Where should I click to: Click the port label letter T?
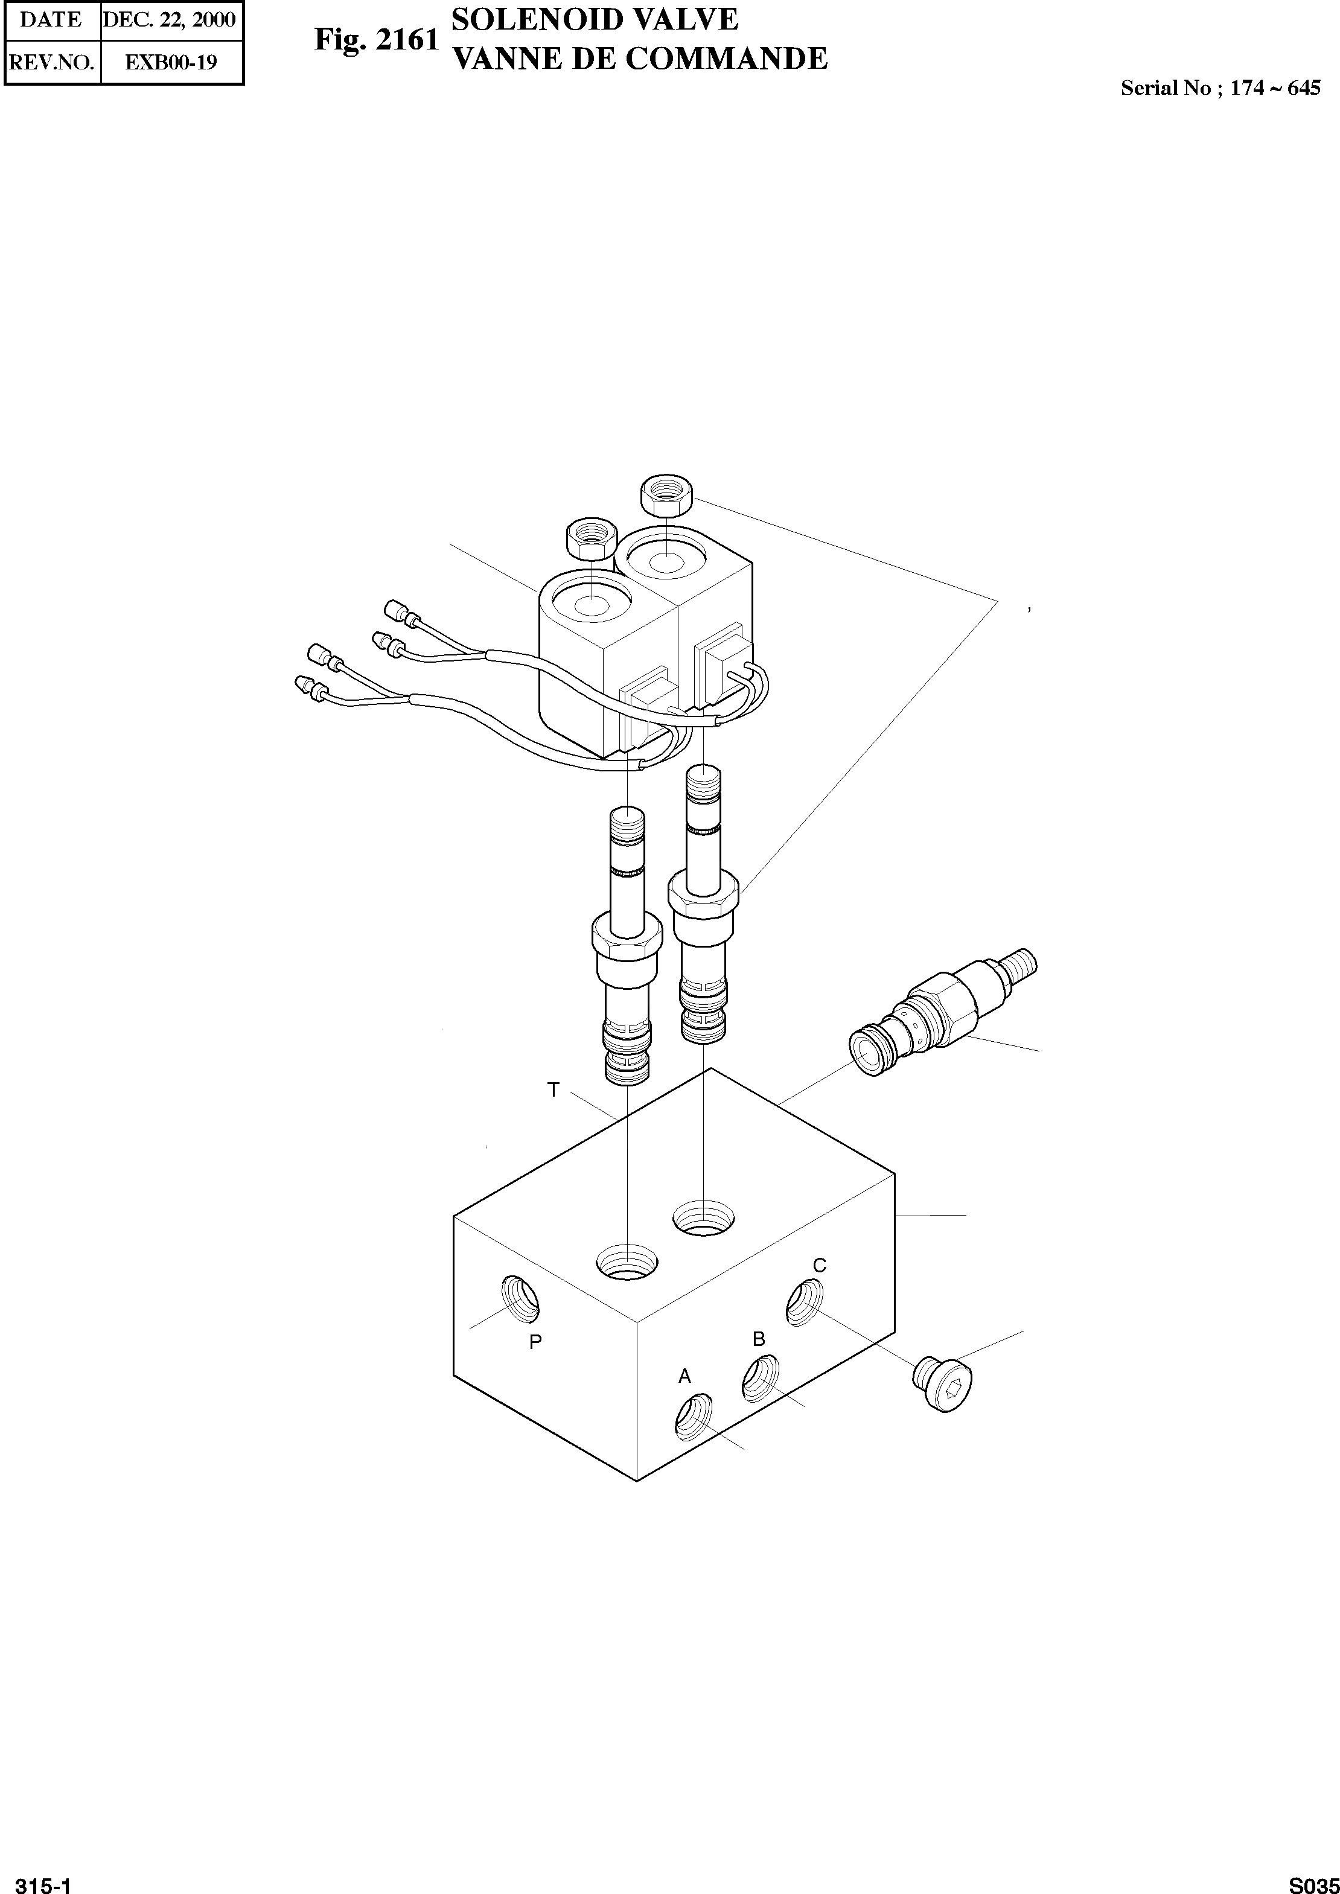click(x=553, y=1091)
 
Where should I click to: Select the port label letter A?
click(x=684, y=1376)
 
